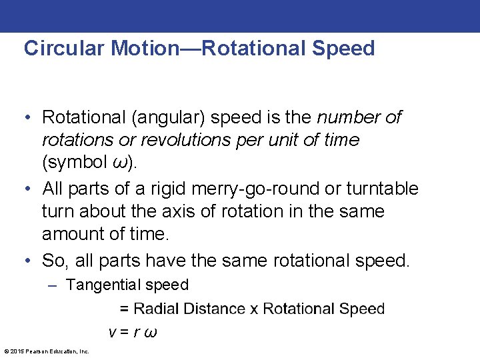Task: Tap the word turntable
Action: [383, 189]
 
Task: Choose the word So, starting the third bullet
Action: [56, 260]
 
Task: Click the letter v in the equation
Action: [112, 332]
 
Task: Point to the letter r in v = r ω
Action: [135, 332]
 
